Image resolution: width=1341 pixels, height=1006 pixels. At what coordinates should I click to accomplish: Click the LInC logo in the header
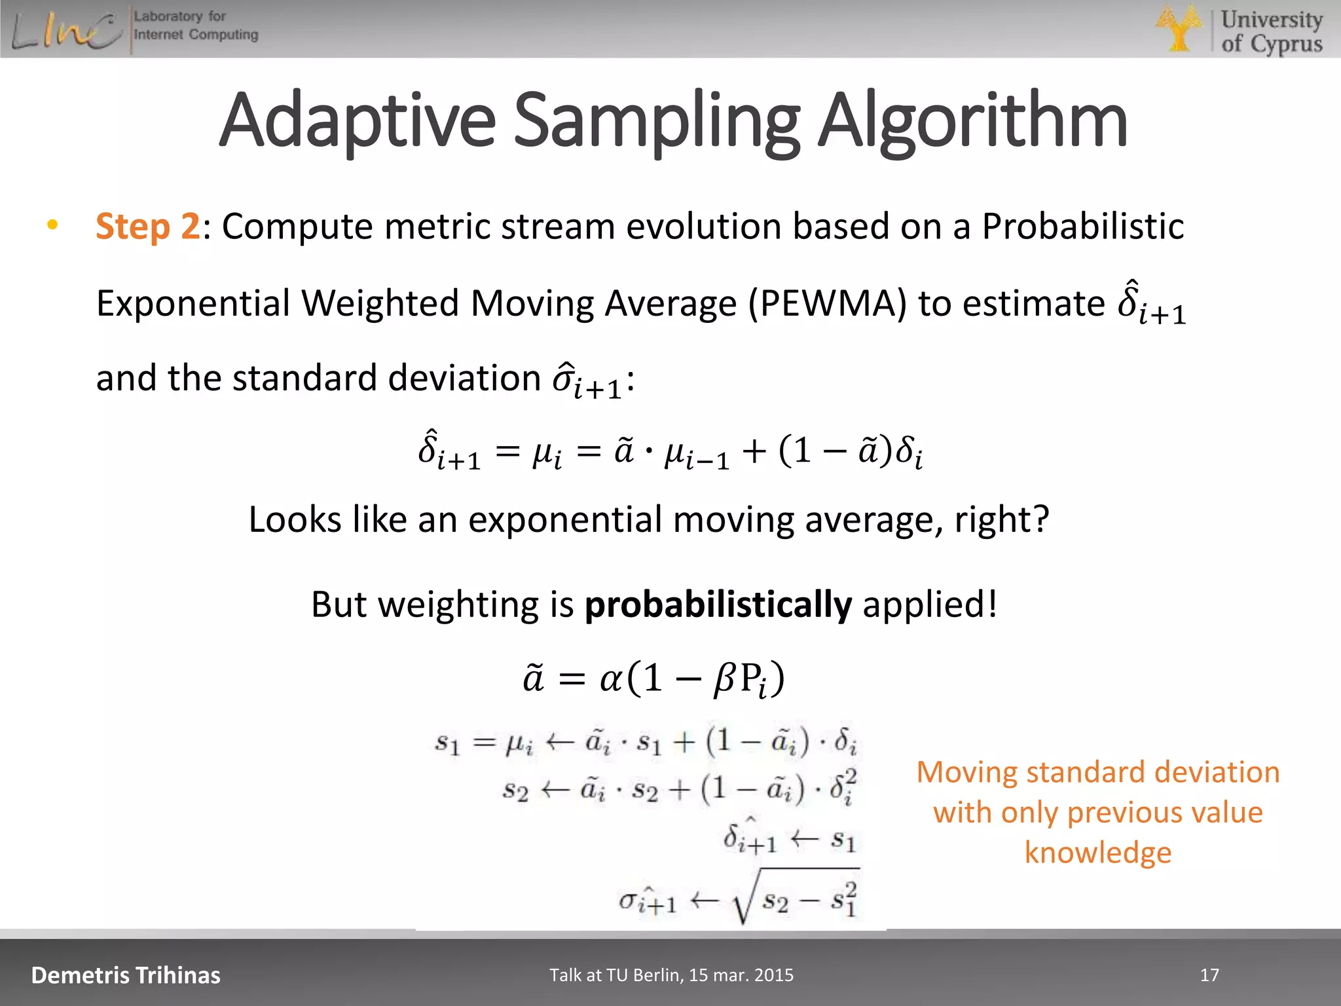point(65,30)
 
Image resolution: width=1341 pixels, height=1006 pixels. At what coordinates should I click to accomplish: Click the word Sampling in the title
point(656,122)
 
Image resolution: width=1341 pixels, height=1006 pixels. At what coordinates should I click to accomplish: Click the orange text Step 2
point(147,227)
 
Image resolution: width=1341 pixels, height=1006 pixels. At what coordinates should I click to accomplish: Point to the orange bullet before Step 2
point(52,225)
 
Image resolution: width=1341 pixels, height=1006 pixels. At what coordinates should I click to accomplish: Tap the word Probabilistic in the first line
point(1082,227)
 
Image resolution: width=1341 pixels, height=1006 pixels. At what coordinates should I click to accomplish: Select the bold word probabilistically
point(718,604)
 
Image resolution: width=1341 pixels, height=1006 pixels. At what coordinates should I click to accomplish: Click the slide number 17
point(1209,975)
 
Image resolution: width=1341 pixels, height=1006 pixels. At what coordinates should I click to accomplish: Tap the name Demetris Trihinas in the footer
point(126,975)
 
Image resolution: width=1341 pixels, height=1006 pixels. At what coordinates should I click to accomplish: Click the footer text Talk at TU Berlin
point(671,975)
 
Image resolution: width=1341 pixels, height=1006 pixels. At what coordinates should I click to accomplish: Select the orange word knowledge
point(1097,853)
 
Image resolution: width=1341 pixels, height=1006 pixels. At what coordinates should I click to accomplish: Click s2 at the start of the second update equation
point(515,791)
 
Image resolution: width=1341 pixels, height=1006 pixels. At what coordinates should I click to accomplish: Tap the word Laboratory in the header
point(168,16)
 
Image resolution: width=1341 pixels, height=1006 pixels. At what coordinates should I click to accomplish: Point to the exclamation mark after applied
point(993,604)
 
